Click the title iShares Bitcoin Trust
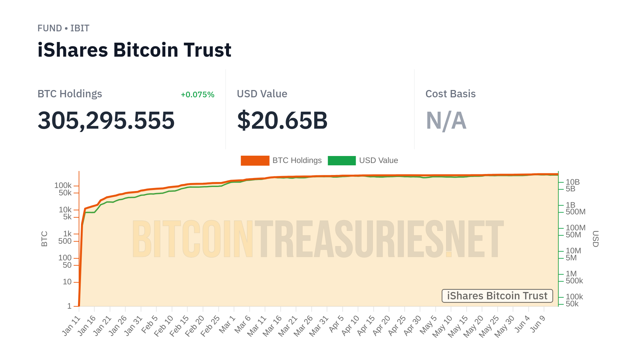[134, 50]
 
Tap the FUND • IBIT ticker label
[63, 28]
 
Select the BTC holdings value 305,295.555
[106, 120]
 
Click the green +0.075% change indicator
[197, 95]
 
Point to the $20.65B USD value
[282, 120]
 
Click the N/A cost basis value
[446, 120]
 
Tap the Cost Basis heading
[450, 94]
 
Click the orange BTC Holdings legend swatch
[255, 161]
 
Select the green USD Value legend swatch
[342, 161]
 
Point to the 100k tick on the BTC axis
[63, 185]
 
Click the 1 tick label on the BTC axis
[69, 306]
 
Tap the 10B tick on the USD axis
[573, 182]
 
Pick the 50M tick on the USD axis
[573, 235]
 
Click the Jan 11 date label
[71, 326]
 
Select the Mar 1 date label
[227, 325]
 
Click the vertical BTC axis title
[44, 239]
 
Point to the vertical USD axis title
[595, 239]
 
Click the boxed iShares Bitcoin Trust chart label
[497, 296]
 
